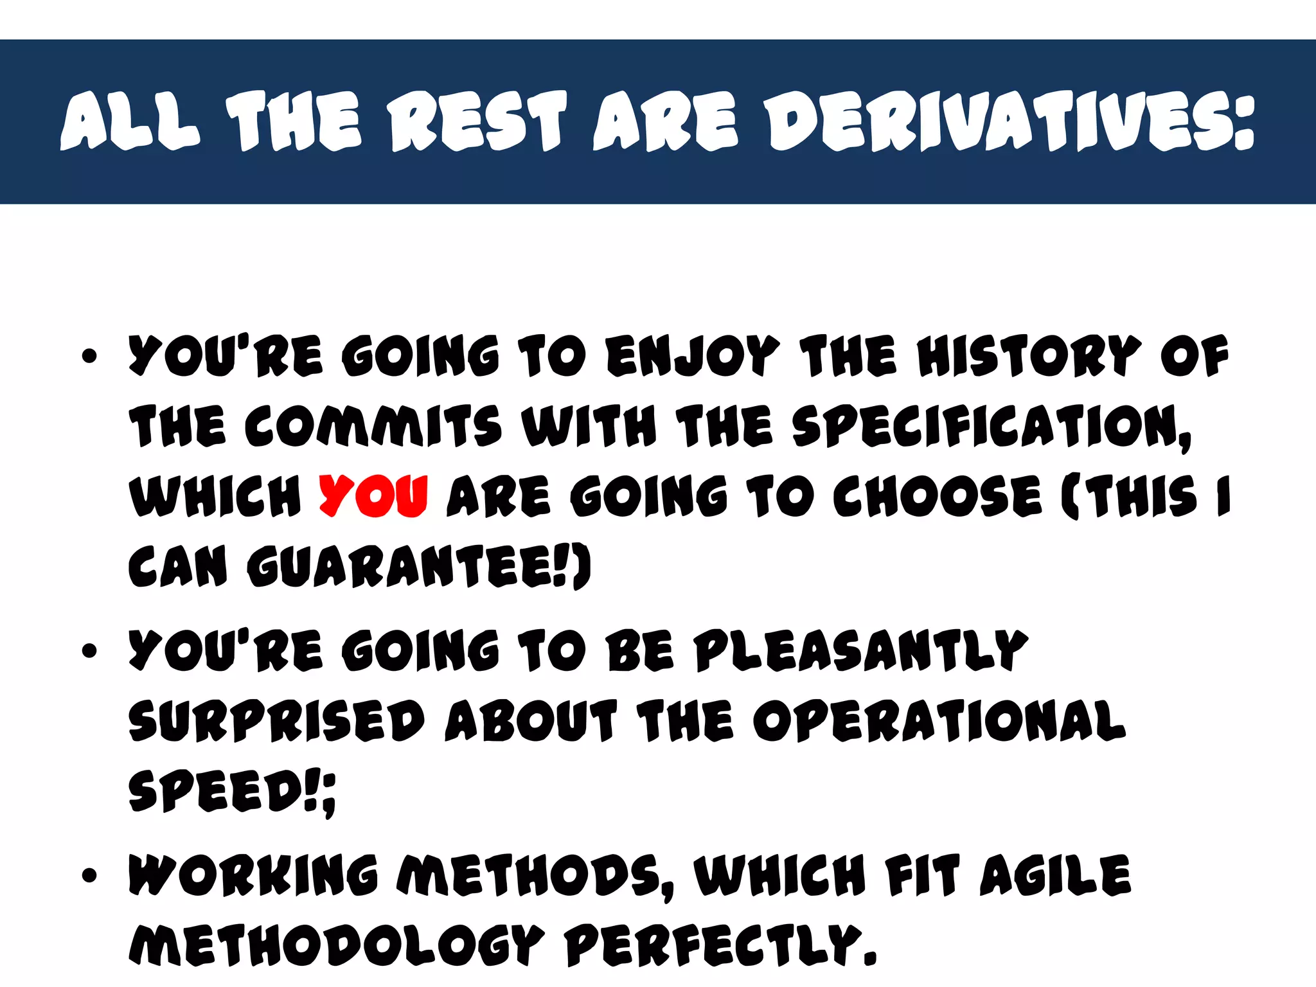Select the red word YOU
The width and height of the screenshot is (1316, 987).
(373, 496)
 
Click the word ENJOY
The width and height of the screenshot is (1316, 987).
(693, 356)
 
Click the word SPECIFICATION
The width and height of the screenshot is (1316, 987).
(990, 427)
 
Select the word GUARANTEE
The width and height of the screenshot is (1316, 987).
(411, 567)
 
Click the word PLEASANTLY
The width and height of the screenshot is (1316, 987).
(861, 650)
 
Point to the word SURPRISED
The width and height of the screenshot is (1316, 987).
(276, 721)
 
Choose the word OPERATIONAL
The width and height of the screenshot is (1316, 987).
(939, 721)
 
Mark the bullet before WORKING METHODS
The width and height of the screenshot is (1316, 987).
(90, 875)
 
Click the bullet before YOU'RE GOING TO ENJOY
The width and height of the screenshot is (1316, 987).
(90, 356)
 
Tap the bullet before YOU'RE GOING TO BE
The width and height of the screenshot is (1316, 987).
(90, 650)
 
